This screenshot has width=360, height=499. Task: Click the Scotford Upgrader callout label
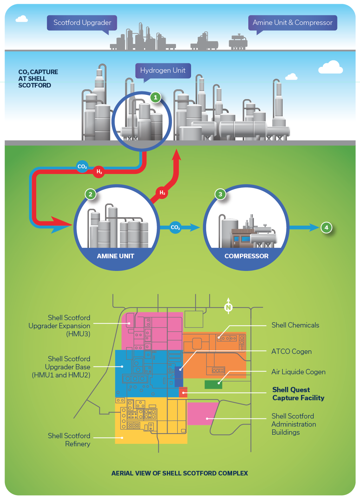(x=82, y=22)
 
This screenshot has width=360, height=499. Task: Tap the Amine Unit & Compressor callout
(x=293, y=22)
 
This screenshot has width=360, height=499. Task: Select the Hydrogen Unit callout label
(x=163, y=70)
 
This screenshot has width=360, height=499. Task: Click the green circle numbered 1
(x=156, y=97)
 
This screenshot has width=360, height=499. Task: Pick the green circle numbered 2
(x=91, y=194)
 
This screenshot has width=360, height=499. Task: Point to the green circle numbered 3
(x=220, y=194)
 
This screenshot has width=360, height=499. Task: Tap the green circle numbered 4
(x=326, y=227)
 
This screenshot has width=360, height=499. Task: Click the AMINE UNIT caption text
(x=116, y=256)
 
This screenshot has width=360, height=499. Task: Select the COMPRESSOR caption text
(x=246, y=256)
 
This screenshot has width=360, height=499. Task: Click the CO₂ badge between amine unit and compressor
(x=175, y=227)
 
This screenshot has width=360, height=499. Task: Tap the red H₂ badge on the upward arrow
(x=162, y=193)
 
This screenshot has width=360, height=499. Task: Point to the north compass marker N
(x=228, y=308)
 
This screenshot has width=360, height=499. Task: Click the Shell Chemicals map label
(x=295, y=325)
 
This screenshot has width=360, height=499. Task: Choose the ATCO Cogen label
(x=292, y=351)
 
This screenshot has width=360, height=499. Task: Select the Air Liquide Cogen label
(x=298, y=372)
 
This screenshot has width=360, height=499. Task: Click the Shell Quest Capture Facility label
(x=298, y=394)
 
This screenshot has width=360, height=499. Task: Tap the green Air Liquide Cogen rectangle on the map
(x=213, y=384)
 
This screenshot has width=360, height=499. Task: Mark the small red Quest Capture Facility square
(x=183, y=392)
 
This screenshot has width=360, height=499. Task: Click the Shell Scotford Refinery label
(x=69, y=440)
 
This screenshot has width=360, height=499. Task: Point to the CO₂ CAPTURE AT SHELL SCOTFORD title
(x=38, y=78)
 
